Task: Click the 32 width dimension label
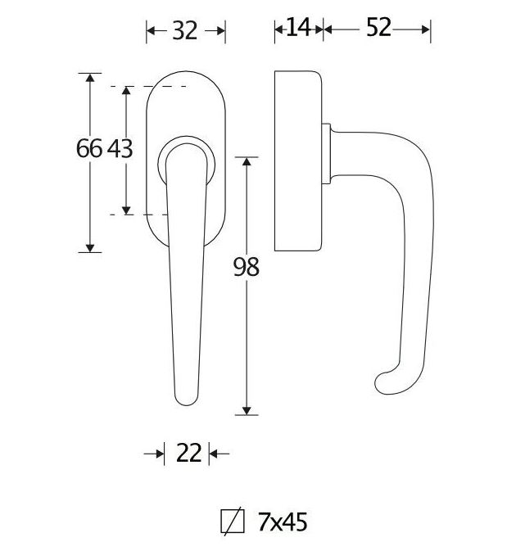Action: pyautogui.click(x=186, y=30)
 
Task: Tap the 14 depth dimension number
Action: pyautogui.click(x=299, y=28)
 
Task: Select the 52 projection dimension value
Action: pyautogui.click(x=378, y=28)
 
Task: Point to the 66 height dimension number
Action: pyautogui.click(x=88, y=149)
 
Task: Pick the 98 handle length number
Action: pyautogui.click(x=246, y=267)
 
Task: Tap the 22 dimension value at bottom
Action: pyautogui.click(x=188, y=453)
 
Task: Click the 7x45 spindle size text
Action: pyautogui.click(x=282, y=522)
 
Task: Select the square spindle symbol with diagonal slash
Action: pyautogui.click(x=233, y=522)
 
